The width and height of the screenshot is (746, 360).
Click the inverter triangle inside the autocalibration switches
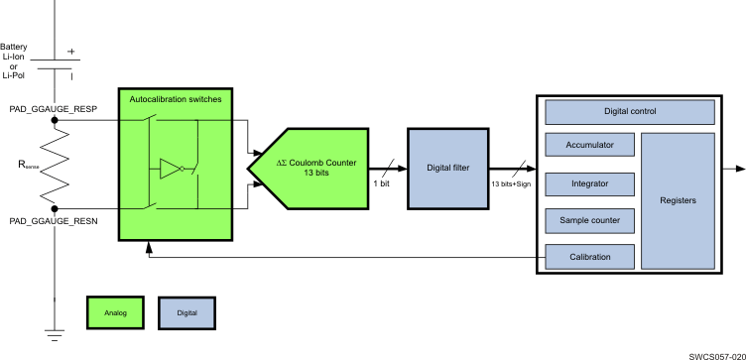click(x=172, y=170)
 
